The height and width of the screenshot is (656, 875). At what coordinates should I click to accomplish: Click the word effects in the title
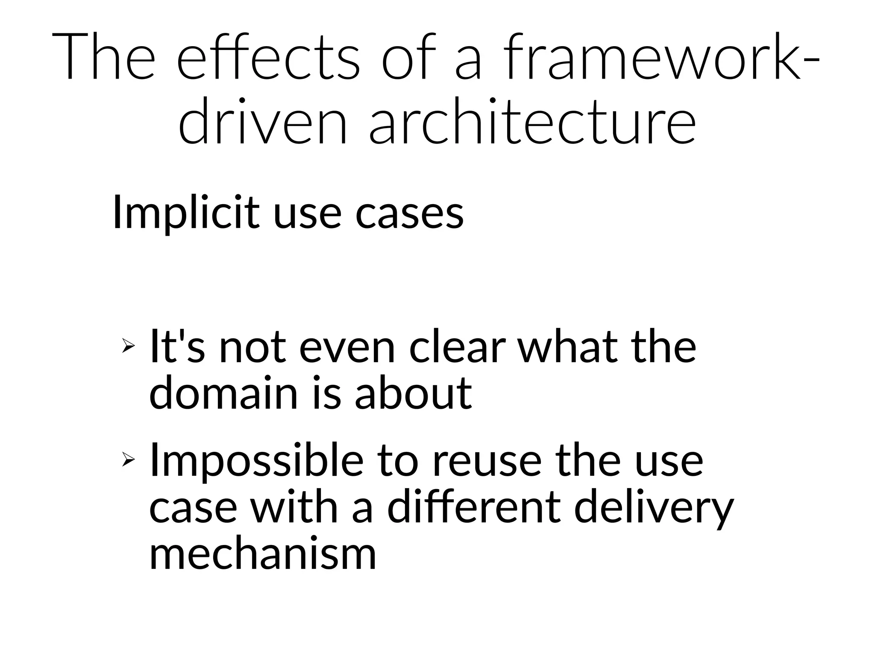point(268,58)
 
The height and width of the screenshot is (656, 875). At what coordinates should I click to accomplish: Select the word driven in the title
point(262,123)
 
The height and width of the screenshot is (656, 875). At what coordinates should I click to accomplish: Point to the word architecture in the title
point(532,123)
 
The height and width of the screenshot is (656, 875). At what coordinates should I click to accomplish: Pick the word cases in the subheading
point(409,212)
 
